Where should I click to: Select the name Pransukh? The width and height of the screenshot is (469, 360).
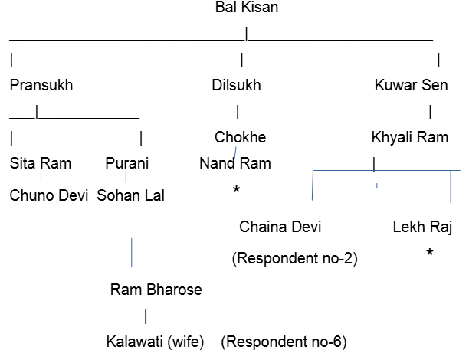(x=41, y=85)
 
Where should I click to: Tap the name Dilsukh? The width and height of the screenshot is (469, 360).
(x=236, y=85)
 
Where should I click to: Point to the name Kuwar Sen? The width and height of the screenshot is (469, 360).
(x=412, y=85)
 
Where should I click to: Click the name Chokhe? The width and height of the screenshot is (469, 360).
(x=240, y=137)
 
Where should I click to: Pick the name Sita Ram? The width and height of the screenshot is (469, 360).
(x=41, y=163)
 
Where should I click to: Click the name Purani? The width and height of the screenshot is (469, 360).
(x=126, y=163)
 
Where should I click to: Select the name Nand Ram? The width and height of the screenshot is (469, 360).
(x=235, y=163)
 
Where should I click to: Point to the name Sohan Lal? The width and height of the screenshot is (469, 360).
(x=131, y=195)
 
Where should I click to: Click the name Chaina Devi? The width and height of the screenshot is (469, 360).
(x=280, y=227)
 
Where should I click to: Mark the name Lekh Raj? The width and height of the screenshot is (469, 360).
(x=421, y=227)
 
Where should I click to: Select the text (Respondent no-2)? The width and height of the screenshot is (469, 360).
(x=295, y=258)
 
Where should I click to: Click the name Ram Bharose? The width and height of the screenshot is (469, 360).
(x=156, y=290)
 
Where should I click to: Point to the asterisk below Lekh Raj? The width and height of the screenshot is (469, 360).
(x=430, y=252)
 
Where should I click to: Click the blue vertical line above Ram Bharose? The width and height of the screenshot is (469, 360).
(x=132, y=252)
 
